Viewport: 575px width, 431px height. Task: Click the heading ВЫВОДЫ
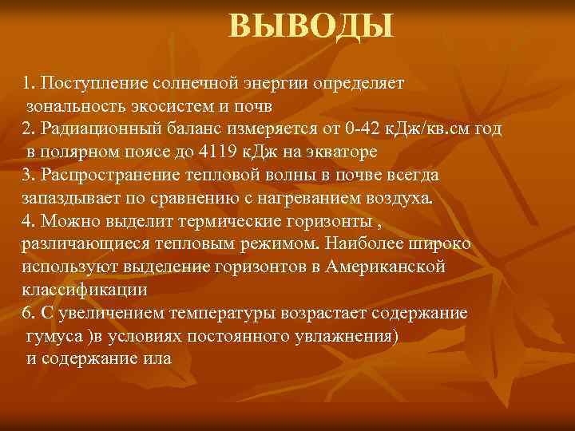coord(311,26)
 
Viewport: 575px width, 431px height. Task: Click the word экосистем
coord(170,105)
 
